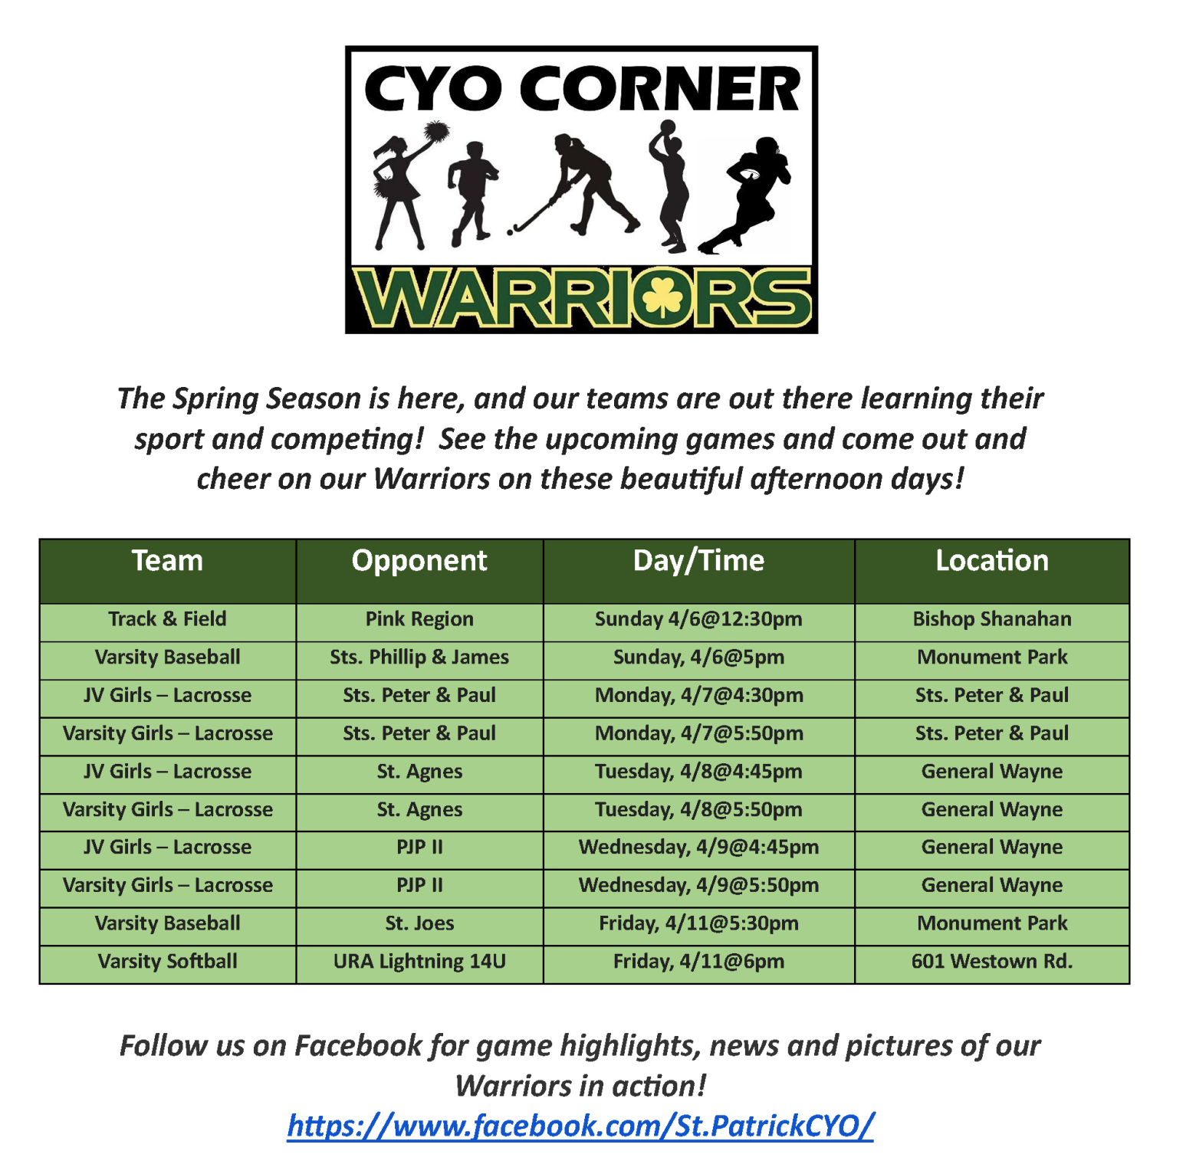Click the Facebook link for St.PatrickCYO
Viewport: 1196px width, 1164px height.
(x=580, y=1126)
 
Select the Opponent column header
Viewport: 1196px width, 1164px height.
(x=419, y=561)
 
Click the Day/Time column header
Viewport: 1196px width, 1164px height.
(x=698, y=561)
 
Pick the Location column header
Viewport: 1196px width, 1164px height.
(x=992, y=561)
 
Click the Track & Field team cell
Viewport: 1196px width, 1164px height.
(x=167, y=619)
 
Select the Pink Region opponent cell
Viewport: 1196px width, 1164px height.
(x=419, y=619)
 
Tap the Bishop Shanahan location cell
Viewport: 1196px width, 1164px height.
(x=992, y=619)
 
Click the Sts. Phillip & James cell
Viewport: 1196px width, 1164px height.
(x=419, y=657)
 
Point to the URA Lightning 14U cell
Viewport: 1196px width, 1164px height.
(x=419, y=962)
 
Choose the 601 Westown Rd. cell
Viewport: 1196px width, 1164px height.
(x=992, y=962)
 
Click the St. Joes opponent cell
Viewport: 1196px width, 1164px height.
(x=419, y=923)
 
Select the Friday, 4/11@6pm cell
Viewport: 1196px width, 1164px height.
(x=698, y=962)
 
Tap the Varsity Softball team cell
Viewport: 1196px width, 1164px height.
(x=167, y=962)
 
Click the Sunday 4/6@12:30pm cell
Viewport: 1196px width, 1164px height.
(x=698, y=619)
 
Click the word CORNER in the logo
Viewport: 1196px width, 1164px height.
(x=660, y=88)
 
